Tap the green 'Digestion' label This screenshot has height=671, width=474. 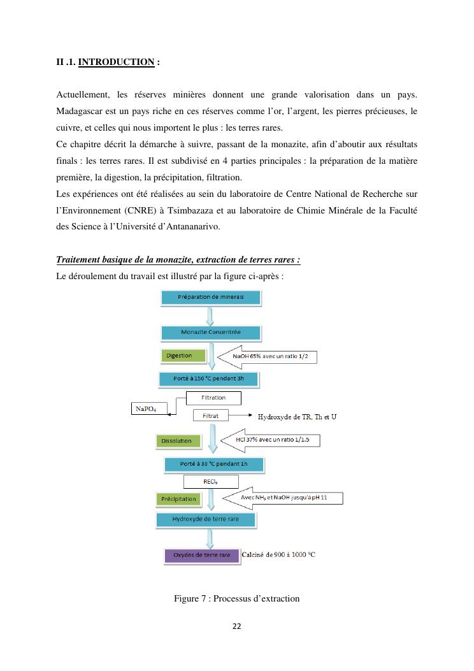click(183, 356)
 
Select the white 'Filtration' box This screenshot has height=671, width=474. click(213, 398)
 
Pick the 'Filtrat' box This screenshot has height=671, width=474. click(210, 415)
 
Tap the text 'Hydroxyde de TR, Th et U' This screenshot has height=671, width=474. click(297, 417)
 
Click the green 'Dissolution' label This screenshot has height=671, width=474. click(176, 440)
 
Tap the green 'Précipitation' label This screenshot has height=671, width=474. click(179, 499)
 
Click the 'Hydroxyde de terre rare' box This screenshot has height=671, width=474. click(205, 520)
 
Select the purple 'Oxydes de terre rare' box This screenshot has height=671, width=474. click(201, 556)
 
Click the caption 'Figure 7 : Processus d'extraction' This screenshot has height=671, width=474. click(236, 598)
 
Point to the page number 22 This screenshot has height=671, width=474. click(236, 626)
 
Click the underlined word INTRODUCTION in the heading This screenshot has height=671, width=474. click(116, 62)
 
